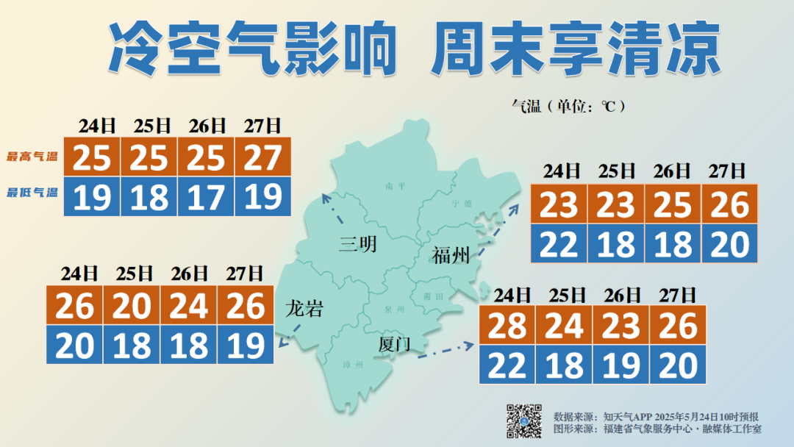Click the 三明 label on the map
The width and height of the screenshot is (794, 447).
pos(358,243)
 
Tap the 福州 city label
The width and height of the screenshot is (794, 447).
pos(451,255)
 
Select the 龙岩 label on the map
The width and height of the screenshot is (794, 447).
pos(304,309)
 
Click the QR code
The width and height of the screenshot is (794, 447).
pos(524,421)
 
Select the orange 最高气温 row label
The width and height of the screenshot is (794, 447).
pos(32,157)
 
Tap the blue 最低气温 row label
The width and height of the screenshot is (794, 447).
pos(32,193)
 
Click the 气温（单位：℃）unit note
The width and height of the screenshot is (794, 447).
pos(568,106)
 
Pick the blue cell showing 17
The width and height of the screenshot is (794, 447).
pos(206,197)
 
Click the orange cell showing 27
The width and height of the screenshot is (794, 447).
pos(263,157)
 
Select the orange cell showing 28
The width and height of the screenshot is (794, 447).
pos(507,325)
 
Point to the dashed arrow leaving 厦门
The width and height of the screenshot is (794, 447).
pos(445,349)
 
